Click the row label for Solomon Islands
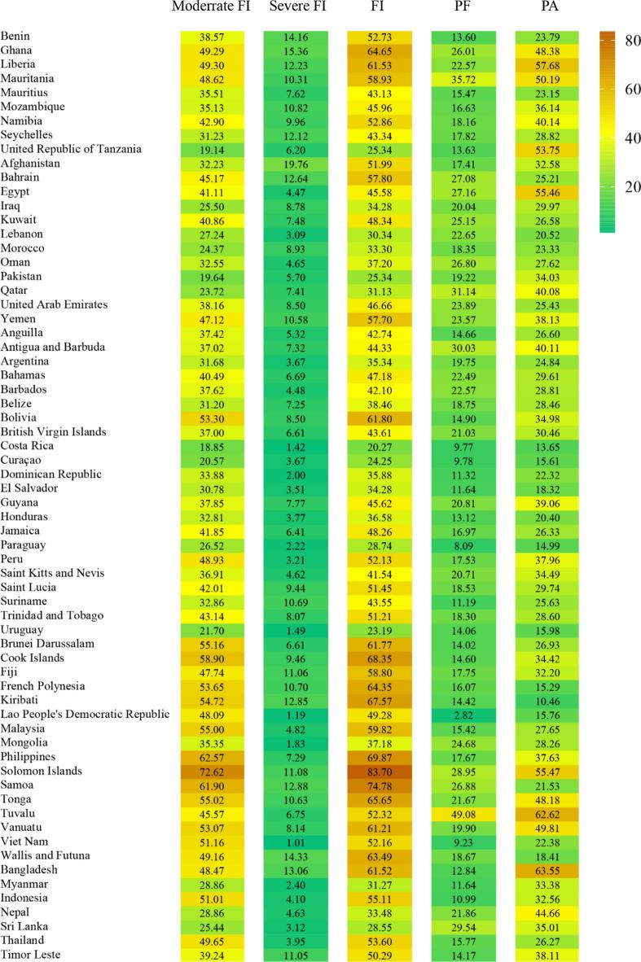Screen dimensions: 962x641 point(42,771)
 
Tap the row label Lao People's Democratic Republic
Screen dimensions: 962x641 point(86,715)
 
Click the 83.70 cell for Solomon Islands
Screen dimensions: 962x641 point(380,772)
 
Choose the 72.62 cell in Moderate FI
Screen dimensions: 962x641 point(212,772)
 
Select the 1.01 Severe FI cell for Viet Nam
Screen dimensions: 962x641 point(296,842)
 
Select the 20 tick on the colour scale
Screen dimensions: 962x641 point(627,187)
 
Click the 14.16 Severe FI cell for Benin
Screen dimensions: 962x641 point(296,37)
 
